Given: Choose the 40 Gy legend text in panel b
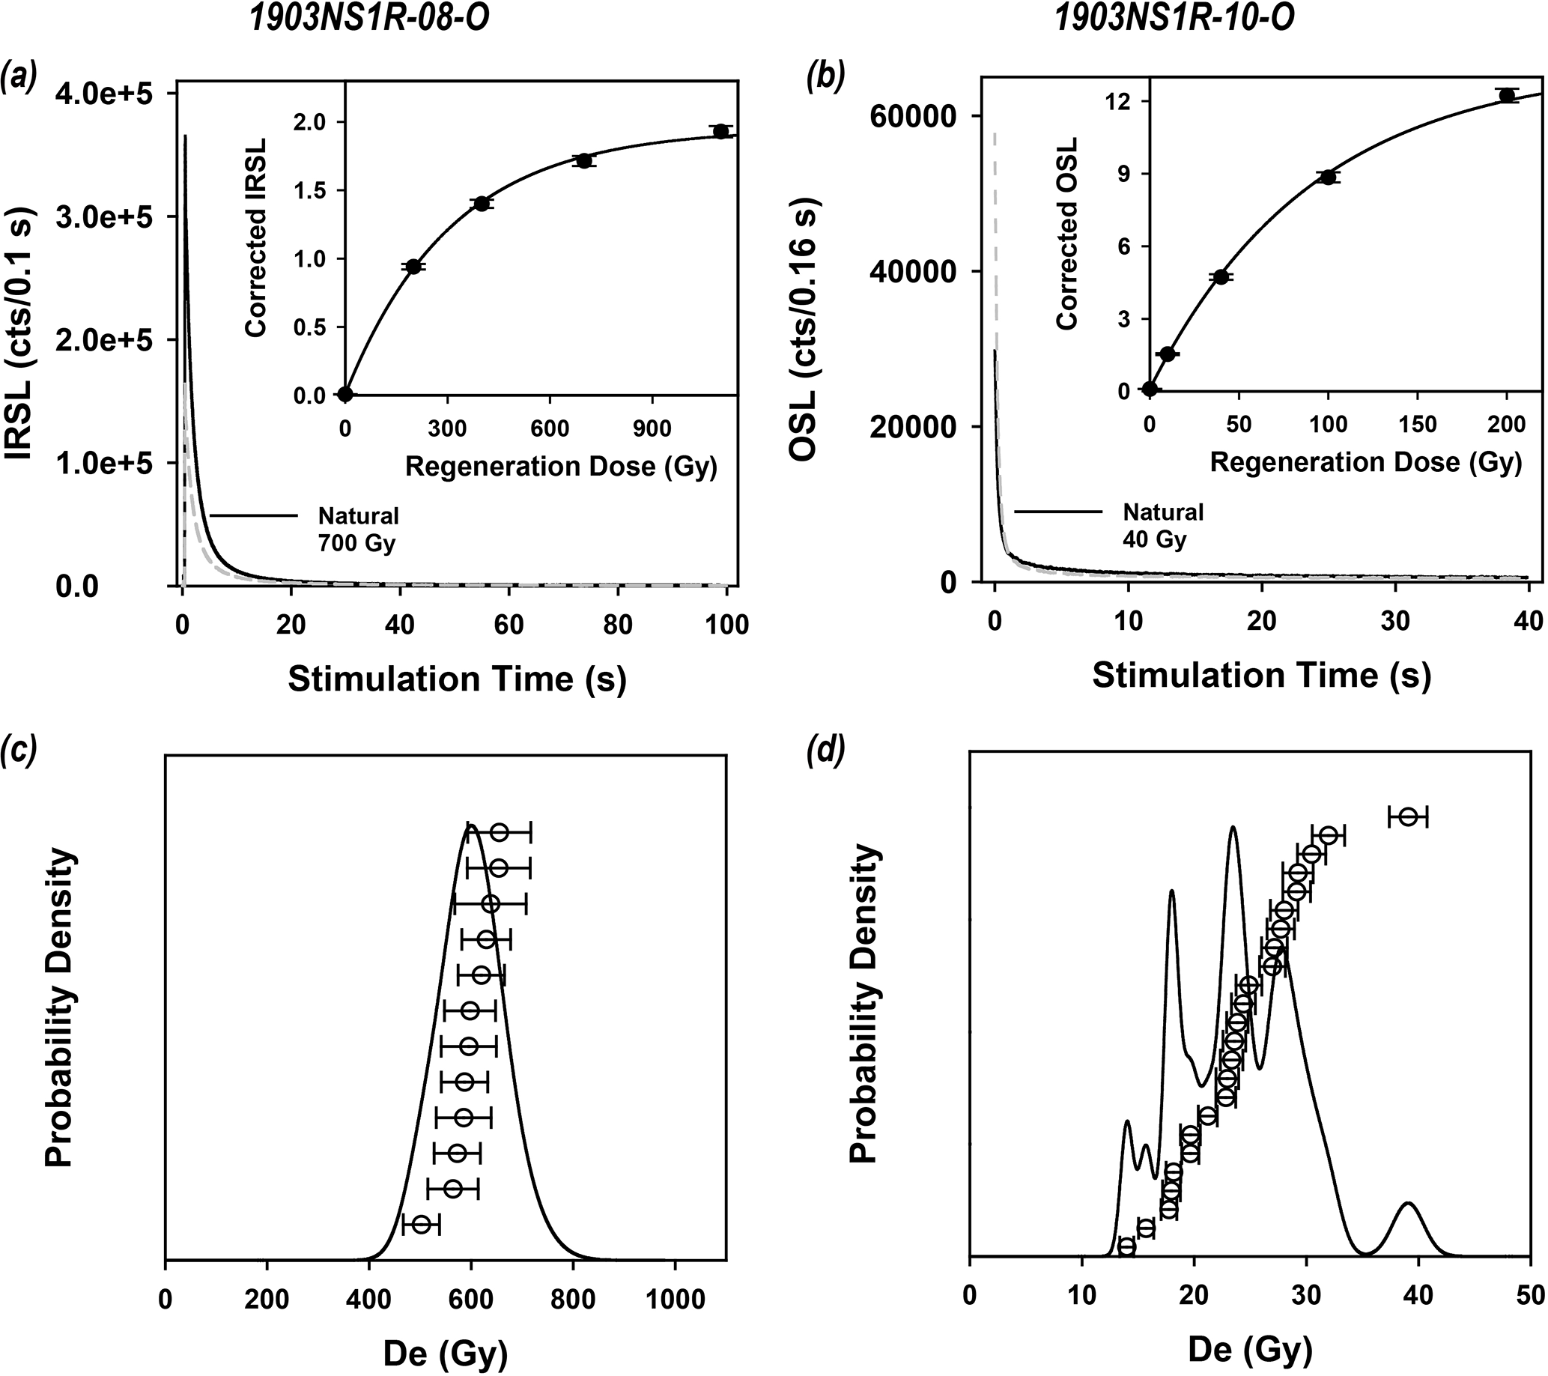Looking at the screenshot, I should pos(1154,539).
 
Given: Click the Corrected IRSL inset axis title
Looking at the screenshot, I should pos(255,237).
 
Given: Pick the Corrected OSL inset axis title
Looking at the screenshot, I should pos(1066,234).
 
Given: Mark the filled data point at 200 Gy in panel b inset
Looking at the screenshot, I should pos(1506,95).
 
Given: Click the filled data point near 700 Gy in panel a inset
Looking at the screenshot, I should pos(583,160).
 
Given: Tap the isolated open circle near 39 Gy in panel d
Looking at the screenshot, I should pos(1408,817).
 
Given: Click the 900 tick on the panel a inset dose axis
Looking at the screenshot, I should pos(652,428).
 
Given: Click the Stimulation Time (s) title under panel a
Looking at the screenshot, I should pos(457,679).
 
